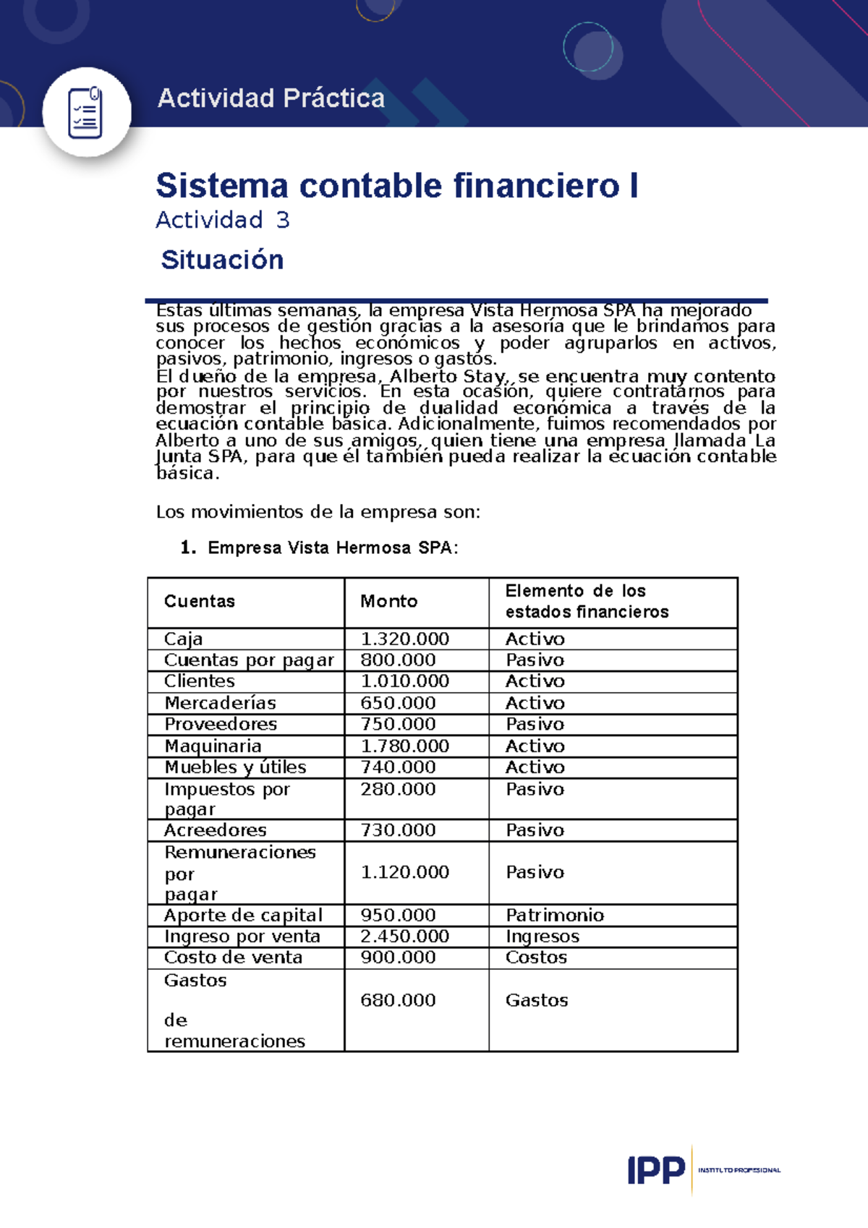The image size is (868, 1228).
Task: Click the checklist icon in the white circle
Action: coord(85,113)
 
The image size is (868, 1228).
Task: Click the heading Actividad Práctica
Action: coord(271,98)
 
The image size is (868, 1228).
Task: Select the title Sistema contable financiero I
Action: coord(396,185)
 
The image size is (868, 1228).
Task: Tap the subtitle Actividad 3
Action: coord(223,220)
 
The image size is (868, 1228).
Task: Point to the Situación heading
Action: coord(222,260)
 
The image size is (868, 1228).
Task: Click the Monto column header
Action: coord(389,601)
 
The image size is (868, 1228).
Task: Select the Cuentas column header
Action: coord(200,601)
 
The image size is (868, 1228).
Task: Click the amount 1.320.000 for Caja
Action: coord(405,639)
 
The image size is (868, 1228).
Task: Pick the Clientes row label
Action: coord(200,681)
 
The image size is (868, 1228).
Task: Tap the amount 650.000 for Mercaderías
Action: coord(399,703)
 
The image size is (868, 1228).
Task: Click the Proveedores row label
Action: coord(221,724)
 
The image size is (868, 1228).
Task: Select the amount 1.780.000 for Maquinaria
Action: coord(405,746)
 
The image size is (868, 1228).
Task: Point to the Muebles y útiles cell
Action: coord(235,767)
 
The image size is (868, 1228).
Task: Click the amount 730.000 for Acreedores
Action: coord(399,830)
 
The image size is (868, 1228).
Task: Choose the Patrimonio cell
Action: coord(555,915)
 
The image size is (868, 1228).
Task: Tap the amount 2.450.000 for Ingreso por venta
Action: coord(405,936)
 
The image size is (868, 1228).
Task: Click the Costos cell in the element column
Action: coord(536,958)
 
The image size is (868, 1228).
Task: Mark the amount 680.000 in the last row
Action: coord(399,1000)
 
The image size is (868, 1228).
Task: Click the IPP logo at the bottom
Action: coord(656,1169)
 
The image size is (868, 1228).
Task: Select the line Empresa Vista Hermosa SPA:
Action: coord(333,547)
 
